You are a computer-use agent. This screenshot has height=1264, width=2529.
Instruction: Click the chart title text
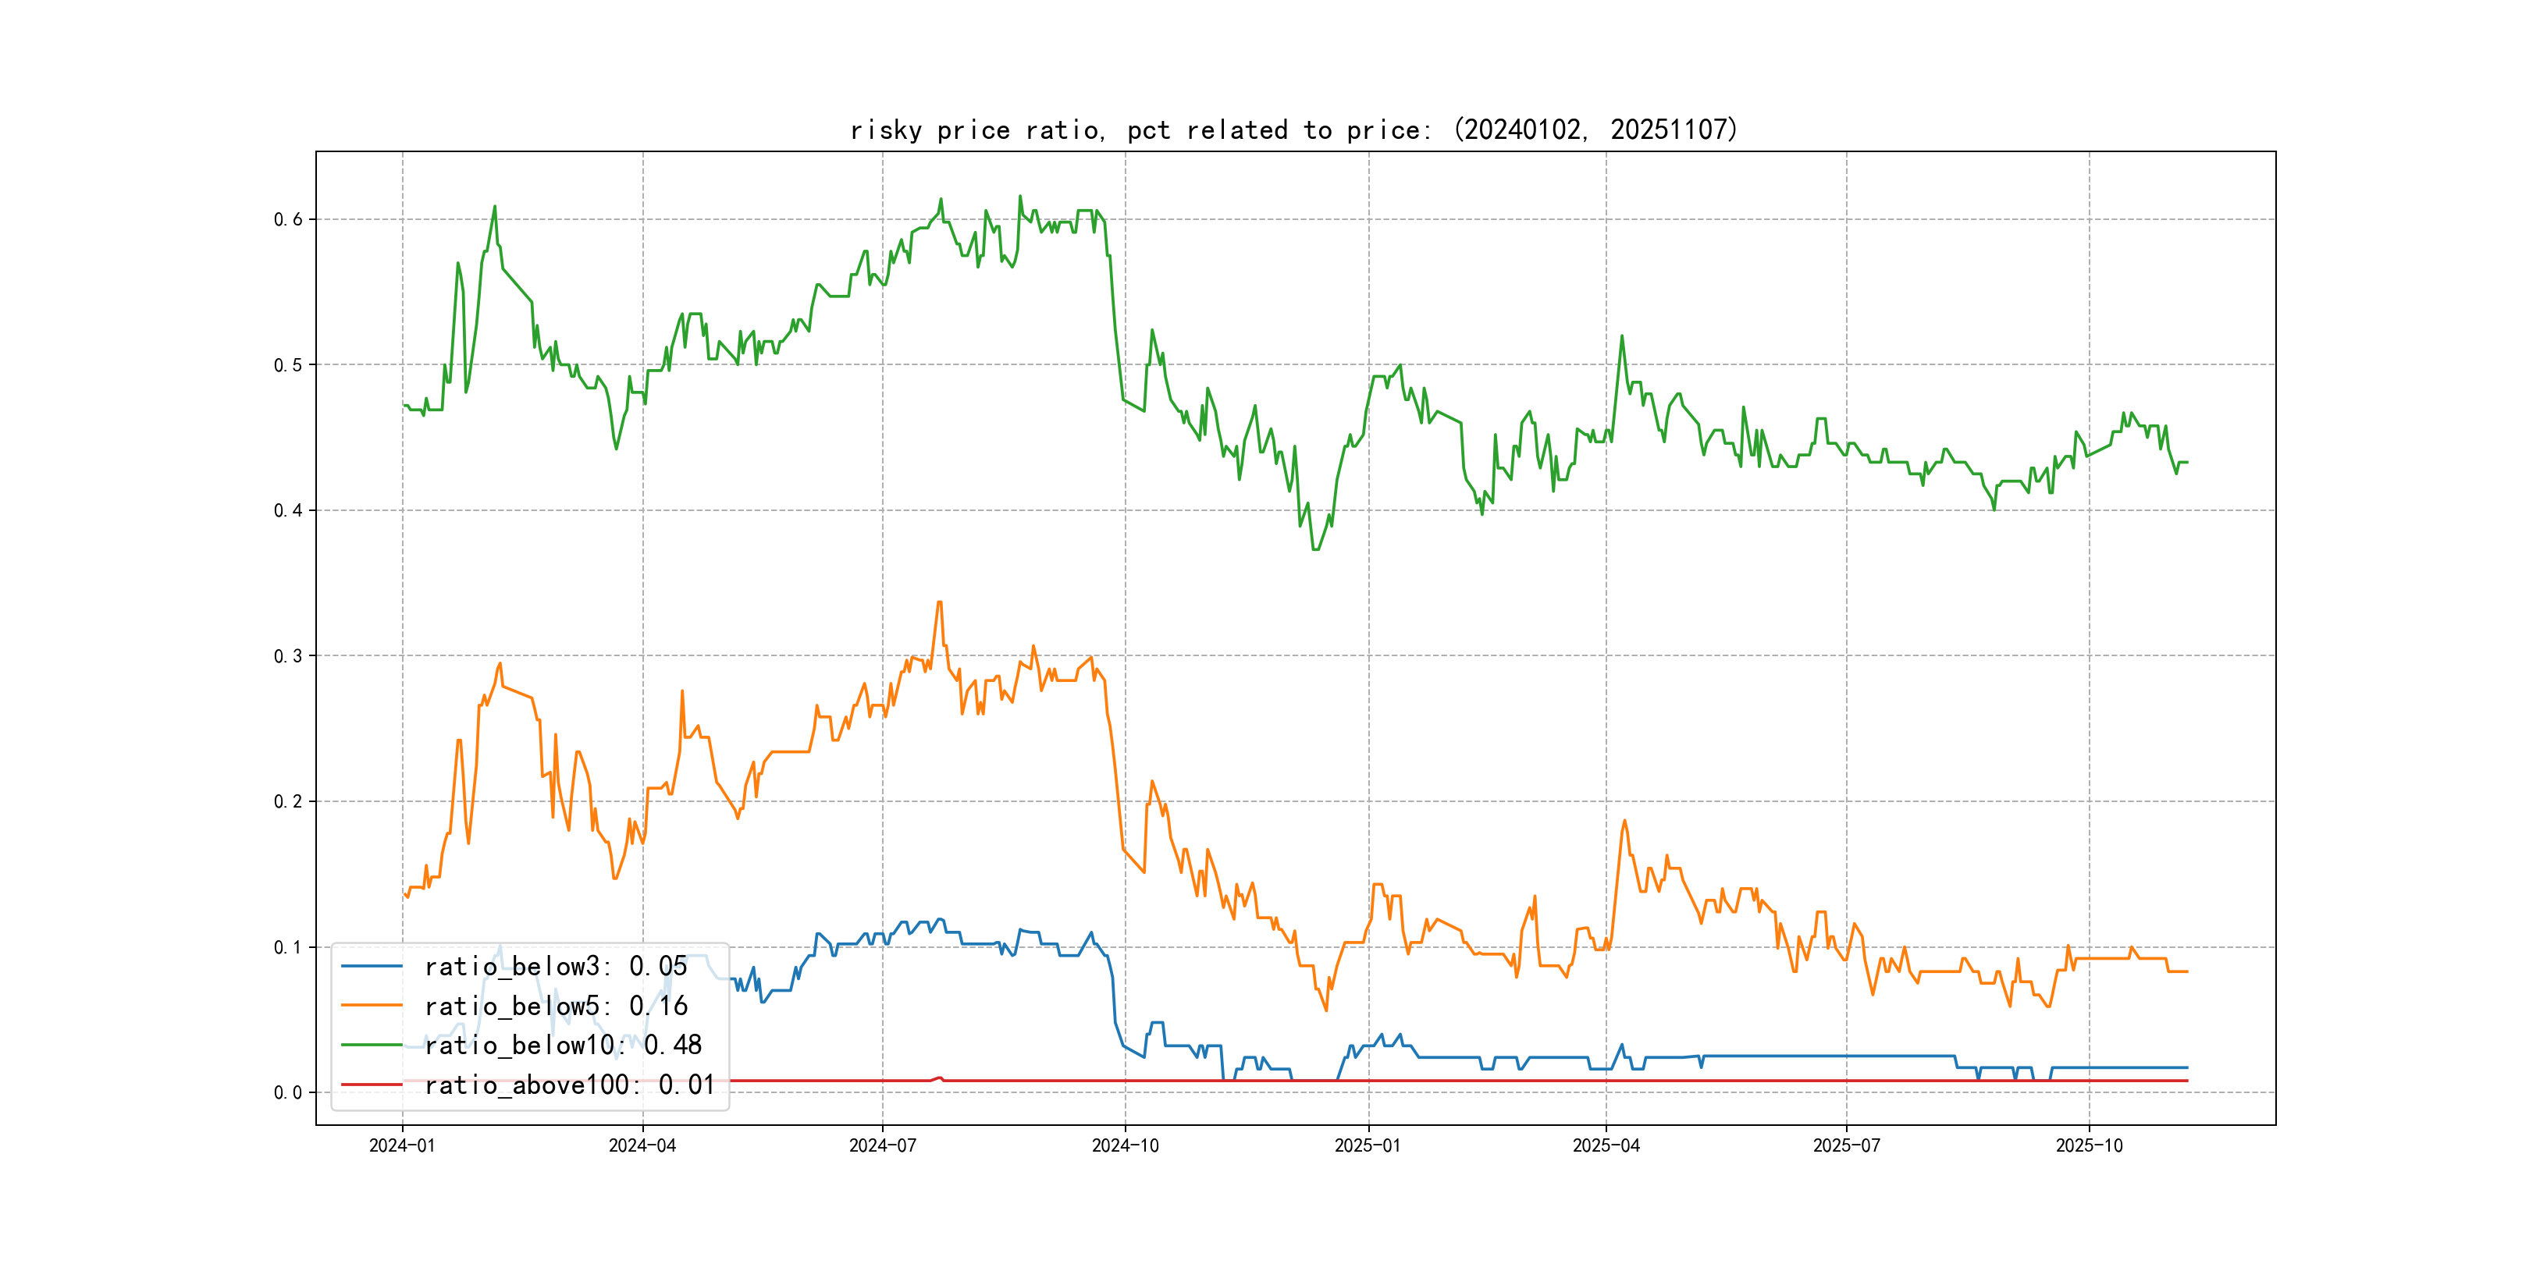[1294, 130]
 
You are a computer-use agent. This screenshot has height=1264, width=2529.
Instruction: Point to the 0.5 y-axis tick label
[288, 365]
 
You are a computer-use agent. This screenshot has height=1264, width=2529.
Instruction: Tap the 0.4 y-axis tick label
[288, 510]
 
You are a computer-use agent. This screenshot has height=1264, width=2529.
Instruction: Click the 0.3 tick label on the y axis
[288, 656]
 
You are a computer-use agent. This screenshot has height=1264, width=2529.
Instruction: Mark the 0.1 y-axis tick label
[288, 947]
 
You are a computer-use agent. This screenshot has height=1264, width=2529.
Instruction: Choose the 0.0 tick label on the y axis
[288, 1092]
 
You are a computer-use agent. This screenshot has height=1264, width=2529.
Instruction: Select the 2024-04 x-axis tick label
[642, 1145]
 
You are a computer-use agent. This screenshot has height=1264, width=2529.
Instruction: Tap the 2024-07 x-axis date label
[883, 1145]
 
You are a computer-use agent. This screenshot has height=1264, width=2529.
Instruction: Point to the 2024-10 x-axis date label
[1125, 1145]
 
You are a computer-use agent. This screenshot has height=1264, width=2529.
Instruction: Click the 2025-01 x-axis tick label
[1368, 1145]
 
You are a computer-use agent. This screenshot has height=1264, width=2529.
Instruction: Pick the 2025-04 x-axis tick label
[1606, 1145]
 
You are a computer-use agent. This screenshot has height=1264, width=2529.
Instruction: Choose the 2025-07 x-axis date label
[1847, 1145]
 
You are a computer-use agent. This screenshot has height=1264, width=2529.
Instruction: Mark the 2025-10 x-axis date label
[2090, 1145]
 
